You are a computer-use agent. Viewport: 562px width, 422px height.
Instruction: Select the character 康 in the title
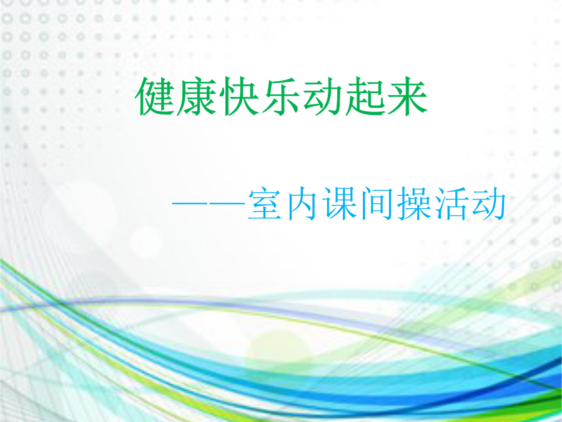pyautogui.click(x=197, y=96)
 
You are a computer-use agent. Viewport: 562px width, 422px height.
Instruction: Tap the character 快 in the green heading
pyautogui.click(x=239, y=96)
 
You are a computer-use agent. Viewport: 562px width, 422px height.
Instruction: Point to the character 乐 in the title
pyautogui.click(x=280, y=96)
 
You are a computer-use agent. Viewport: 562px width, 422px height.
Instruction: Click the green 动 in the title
pyautogui.click(x=323, y=96)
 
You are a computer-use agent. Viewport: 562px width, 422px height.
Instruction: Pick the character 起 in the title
pyautogui.click(x=365, y=96)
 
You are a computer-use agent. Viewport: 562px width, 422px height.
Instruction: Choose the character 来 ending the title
pyautogui.click(x=407, y=96)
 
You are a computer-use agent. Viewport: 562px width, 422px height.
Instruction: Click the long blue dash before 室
pyautogui.click(x=209, y=203)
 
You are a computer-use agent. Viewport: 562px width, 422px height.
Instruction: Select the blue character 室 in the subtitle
pyautogui.click(x=265, y=203)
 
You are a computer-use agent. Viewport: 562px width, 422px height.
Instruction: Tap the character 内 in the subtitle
pyautogui.click(x=302, y=203)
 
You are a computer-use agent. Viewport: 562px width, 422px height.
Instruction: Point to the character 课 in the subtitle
pyautogui.click(x=339, y=203)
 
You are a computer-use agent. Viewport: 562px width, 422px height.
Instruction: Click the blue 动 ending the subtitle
pyautogui.click(x=488, y=203)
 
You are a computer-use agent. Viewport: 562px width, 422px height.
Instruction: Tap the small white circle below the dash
pyautogui.click(x=145, y=243)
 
